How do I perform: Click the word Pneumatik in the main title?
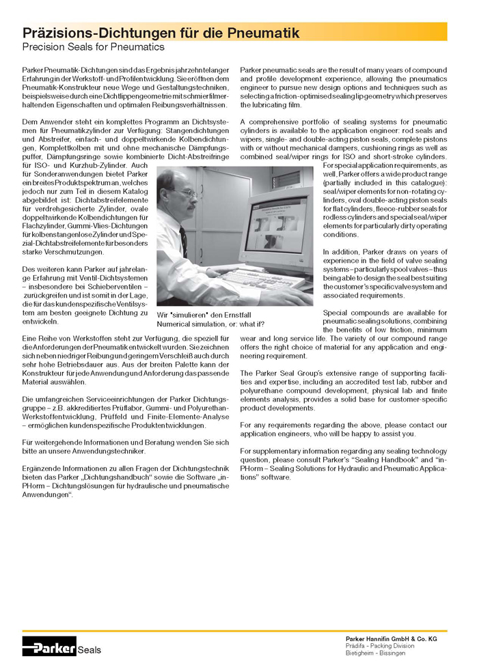(260, 33)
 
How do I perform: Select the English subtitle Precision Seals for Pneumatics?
(94, 47)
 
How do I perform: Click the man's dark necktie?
(183, 240)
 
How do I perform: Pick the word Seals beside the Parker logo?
(89, 649)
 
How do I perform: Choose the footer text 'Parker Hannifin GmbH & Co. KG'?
(391, 638)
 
